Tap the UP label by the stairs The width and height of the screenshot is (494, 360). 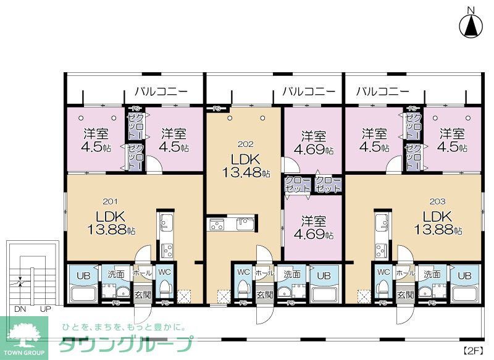[44, 309]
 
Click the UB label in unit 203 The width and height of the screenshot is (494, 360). [464, 275]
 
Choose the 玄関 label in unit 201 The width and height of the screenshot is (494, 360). [142, 295]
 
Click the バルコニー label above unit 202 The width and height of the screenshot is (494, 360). [309, 92]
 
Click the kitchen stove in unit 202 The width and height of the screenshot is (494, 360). [217, 225]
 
